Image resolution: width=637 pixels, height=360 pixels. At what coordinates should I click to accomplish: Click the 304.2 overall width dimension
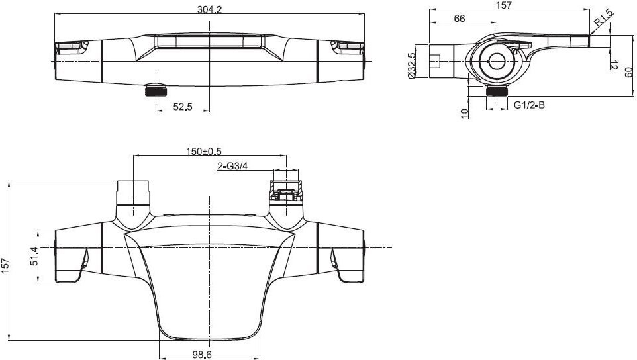(210, 9)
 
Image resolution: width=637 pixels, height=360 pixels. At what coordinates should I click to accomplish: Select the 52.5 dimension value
(183, 107)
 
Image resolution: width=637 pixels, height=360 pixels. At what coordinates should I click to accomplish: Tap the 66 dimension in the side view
(460, 19)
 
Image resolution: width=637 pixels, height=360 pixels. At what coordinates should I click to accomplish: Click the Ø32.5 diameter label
(412, 66)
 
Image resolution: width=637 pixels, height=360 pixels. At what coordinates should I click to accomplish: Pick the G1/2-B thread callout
(529, 105)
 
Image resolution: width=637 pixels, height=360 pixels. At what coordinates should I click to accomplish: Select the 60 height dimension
(629, 73)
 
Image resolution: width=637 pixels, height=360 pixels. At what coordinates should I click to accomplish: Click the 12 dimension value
(614, 65)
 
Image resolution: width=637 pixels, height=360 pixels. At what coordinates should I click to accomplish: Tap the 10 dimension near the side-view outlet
(465, 113)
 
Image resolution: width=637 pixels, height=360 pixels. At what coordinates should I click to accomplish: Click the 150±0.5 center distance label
(204, 152)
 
